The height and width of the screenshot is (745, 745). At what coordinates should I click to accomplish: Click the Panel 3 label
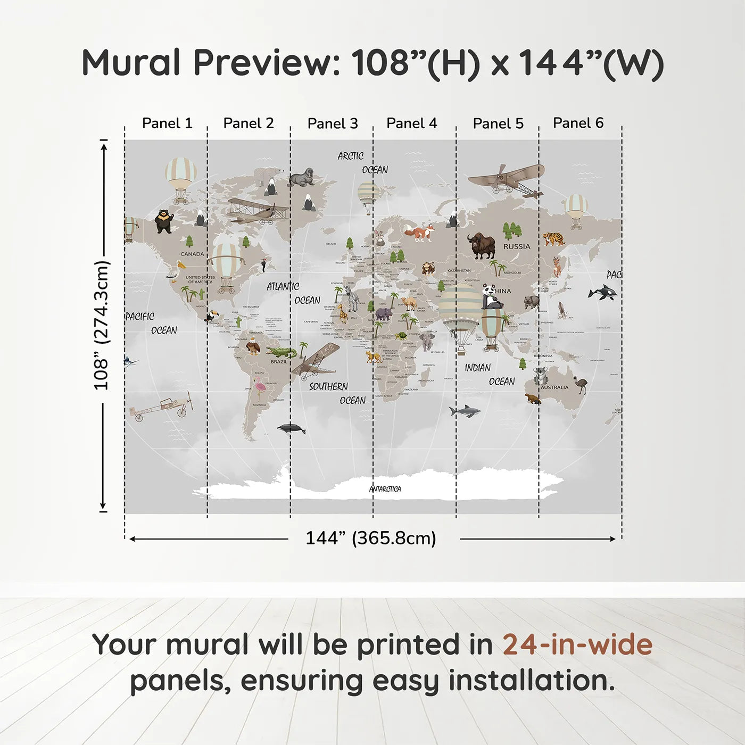pyautogui.click(x=333, y=123)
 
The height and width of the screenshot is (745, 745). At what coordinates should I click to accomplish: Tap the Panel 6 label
pyautogui.click(x=578, y=123)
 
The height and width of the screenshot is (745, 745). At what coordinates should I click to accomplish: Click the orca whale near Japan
pyautogui.click(x=603, y=292)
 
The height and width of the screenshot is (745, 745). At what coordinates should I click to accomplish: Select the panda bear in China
pyautogui.click(x=491, y=298)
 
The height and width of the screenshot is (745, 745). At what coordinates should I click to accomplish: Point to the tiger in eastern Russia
pyautogui.click(x=554, y=239)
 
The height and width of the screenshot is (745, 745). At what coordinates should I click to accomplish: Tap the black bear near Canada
pyautogui.click(x=164, y=221)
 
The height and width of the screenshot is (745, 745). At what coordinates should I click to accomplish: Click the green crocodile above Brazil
pyautogui.click(x=281, y=352)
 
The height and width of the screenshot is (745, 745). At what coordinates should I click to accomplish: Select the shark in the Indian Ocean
pyautogui.click(x=464, y=411)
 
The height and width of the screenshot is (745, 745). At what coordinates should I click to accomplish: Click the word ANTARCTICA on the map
pyautogui.click(x=385, y=489)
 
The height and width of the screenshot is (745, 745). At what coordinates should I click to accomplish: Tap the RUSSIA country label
pyautogui.click(x=517, y=247)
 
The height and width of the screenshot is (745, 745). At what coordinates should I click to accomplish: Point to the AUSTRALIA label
pyautogui.click(x=554, y=387)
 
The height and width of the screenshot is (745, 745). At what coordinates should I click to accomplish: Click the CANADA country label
pyautogui.click(x=192, y=254)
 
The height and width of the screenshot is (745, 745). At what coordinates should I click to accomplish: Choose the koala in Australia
pyautogui.click(x=541, y=375)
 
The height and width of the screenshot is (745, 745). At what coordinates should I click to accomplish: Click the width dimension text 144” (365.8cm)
pyautogui.click(x=370, y=538)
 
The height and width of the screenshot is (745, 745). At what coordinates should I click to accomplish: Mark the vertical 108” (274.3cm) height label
pyautogui.click(x=101, y=325)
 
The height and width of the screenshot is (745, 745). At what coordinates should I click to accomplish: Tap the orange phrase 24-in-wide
pyautogui.click(x=577, y=644)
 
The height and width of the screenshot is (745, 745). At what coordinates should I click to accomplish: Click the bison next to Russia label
pyautogui.click(x=482, y=245)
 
